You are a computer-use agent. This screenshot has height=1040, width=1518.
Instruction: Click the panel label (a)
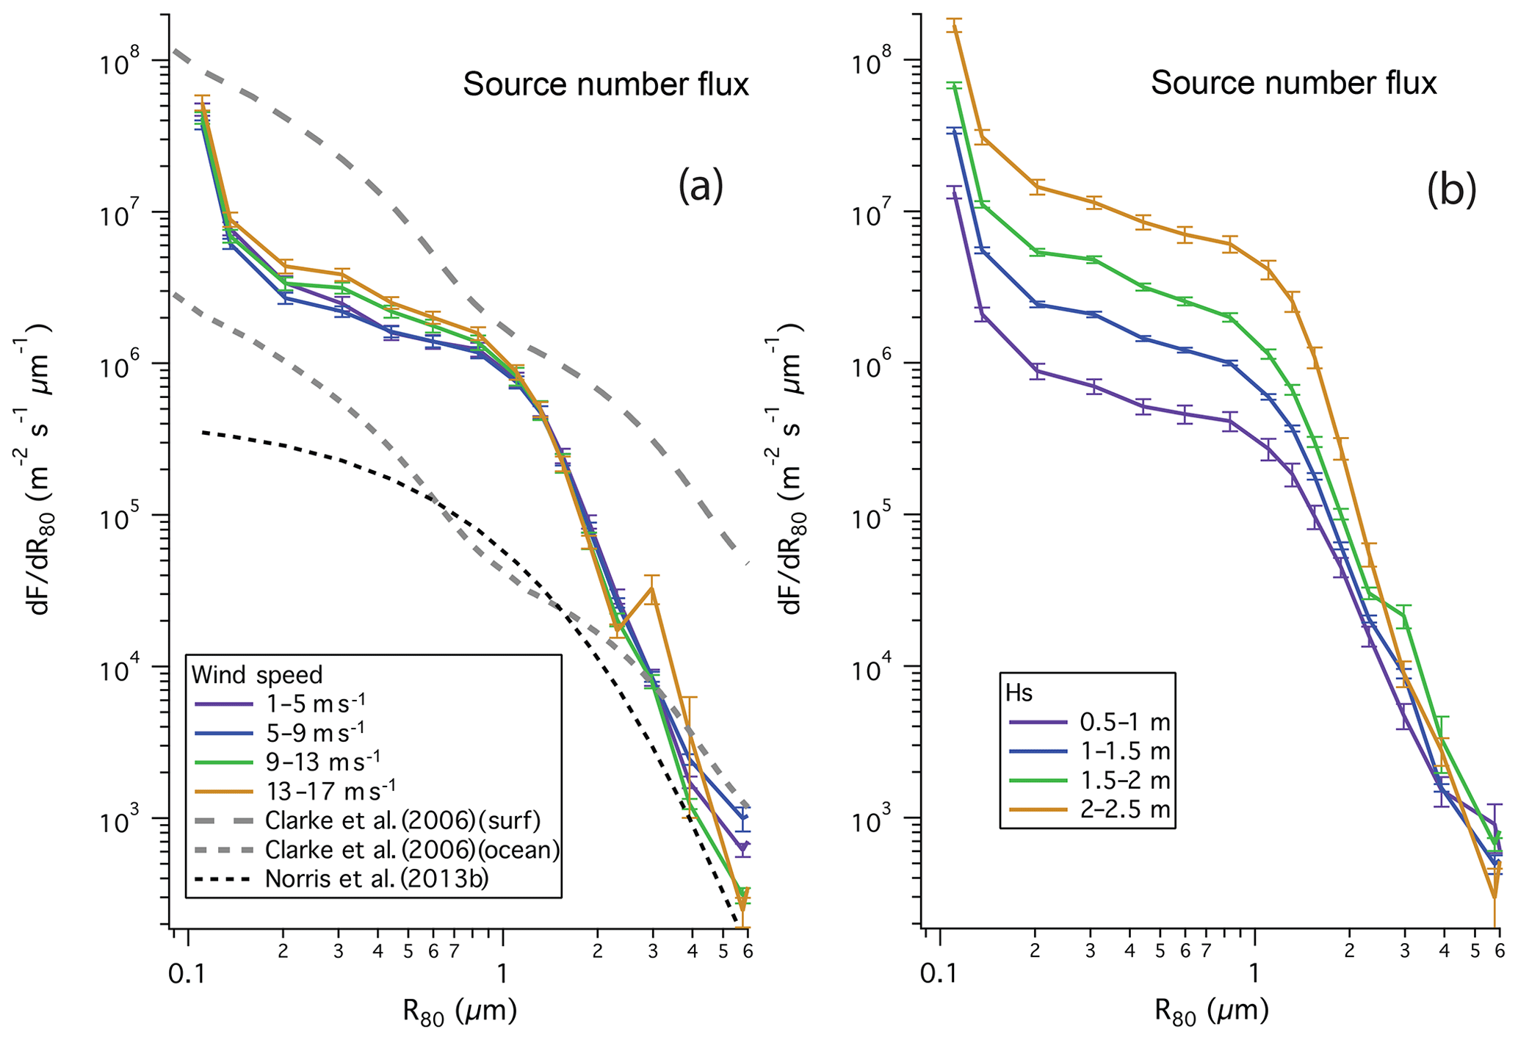700,186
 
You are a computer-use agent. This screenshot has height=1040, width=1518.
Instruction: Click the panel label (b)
1450,189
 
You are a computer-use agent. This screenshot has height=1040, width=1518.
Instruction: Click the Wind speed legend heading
256,674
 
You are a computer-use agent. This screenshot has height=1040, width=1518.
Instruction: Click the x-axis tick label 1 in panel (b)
1254,974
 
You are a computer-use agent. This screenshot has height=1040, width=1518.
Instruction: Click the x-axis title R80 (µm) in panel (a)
460,1012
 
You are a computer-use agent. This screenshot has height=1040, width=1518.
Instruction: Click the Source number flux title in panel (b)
1293,83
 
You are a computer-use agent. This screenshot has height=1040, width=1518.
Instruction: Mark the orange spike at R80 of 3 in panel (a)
652,588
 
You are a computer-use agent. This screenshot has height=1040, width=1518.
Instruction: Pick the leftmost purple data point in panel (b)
954,193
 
